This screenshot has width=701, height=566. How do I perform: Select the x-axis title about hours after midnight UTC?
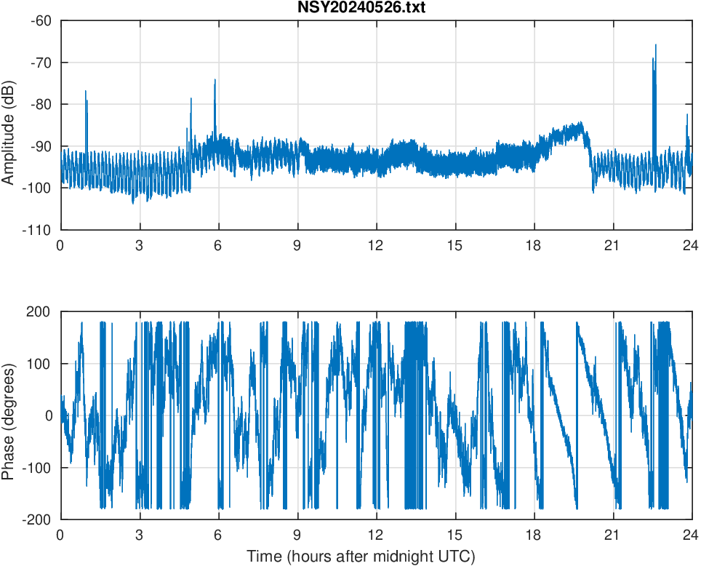point(360,557)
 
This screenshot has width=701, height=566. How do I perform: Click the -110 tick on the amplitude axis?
point(37,231)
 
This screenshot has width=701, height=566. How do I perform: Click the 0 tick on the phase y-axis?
point(49,416)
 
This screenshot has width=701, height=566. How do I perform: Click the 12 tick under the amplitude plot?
point(376,245)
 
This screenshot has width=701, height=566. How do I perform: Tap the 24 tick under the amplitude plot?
point(692,245)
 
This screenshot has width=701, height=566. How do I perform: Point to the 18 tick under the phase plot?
point(534,533)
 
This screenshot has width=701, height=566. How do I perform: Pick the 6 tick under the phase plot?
point(218,533)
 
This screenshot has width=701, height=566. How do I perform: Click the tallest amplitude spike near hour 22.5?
point(655,45)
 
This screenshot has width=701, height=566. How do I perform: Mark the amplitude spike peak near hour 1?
point(86,92)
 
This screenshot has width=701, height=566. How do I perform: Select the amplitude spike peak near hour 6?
point(215,80)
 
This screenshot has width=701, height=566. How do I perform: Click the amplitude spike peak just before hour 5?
point(191,98)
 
